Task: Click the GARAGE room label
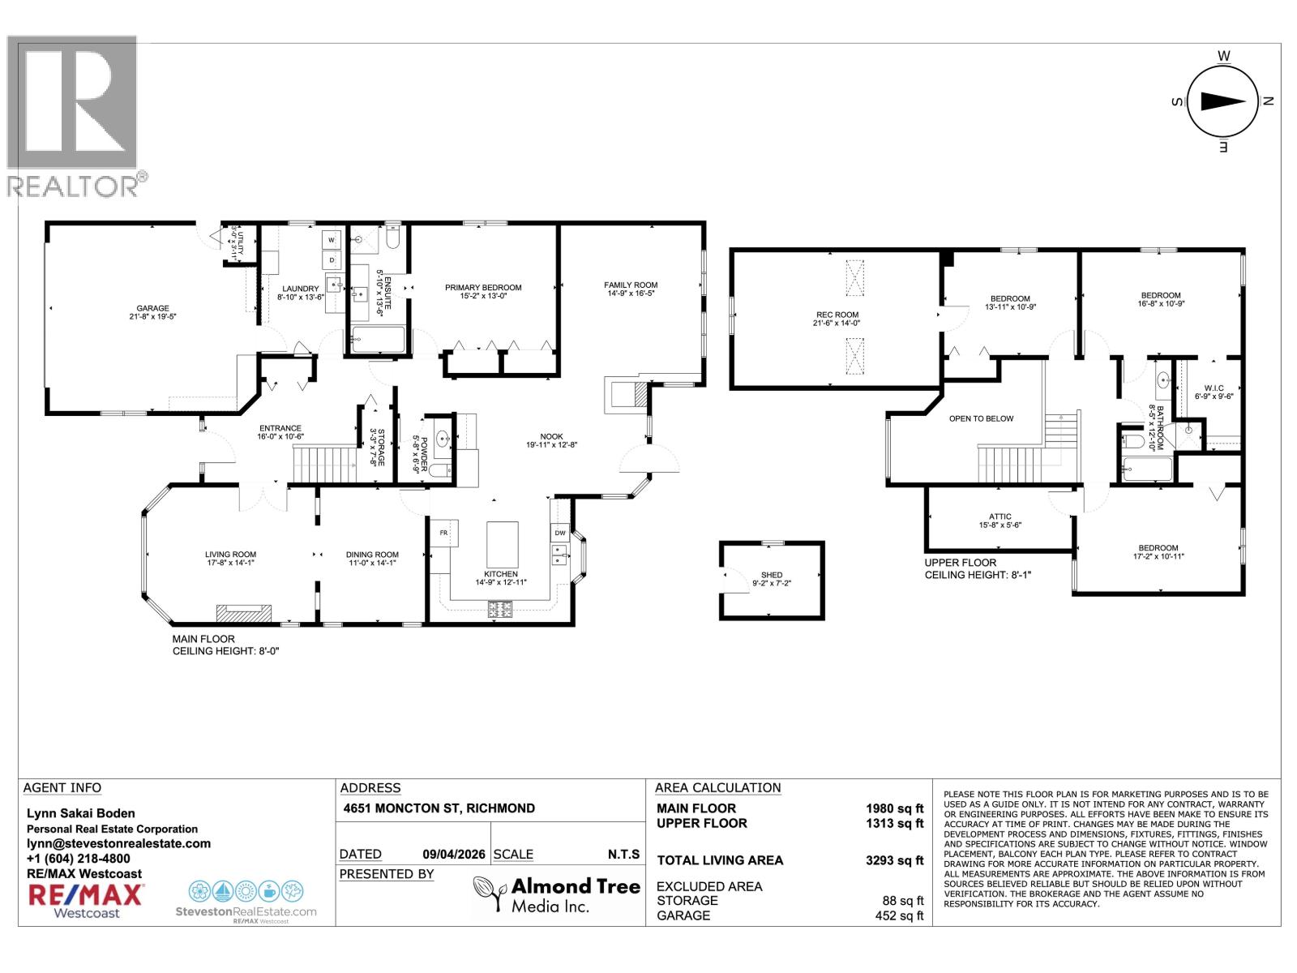click(152, 308)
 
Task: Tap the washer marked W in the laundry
click(332, 240)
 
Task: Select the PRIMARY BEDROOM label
click(483, 288)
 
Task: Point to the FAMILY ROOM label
click(631, 285)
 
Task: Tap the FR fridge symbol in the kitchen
click(443, 534)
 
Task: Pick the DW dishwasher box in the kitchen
click(560, 534)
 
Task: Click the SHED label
click(772, 575)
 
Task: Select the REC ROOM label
click(837, 315)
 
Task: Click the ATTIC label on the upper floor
click(1000, 517)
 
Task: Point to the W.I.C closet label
click(1214, 388)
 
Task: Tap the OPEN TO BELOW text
click(981, 418)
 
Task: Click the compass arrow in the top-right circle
click(1222, 101)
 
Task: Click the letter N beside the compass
click(1269, 101)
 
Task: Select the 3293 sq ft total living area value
click(894, 861)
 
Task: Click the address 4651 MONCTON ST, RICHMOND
click(439, 808)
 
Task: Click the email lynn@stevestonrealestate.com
click(118, 843)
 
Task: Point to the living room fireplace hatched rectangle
click(244, 613)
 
